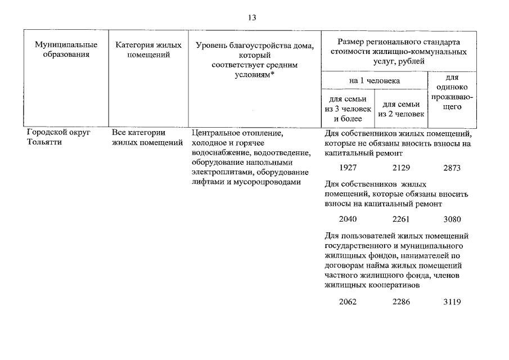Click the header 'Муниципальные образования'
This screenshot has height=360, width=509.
tap(66, 49)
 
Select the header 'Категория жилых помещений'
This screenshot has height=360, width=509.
tap(148, 49)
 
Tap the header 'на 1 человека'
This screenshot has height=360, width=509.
tap(375, 80)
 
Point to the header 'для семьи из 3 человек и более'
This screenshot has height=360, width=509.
tap(348, 109)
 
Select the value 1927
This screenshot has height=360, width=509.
tap(348, 168)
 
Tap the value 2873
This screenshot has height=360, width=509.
tap(452, 168)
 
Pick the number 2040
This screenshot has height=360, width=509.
tap(348, 219)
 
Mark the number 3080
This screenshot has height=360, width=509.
tap(452, 219)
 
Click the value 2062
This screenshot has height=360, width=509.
tap(348, 301)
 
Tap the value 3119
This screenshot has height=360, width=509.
tap(452, 301)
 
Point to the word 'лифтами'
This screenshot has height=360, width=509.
tap(206, 182)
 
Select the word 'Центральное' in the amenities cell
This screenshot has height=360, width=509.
tap(214, 133)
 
